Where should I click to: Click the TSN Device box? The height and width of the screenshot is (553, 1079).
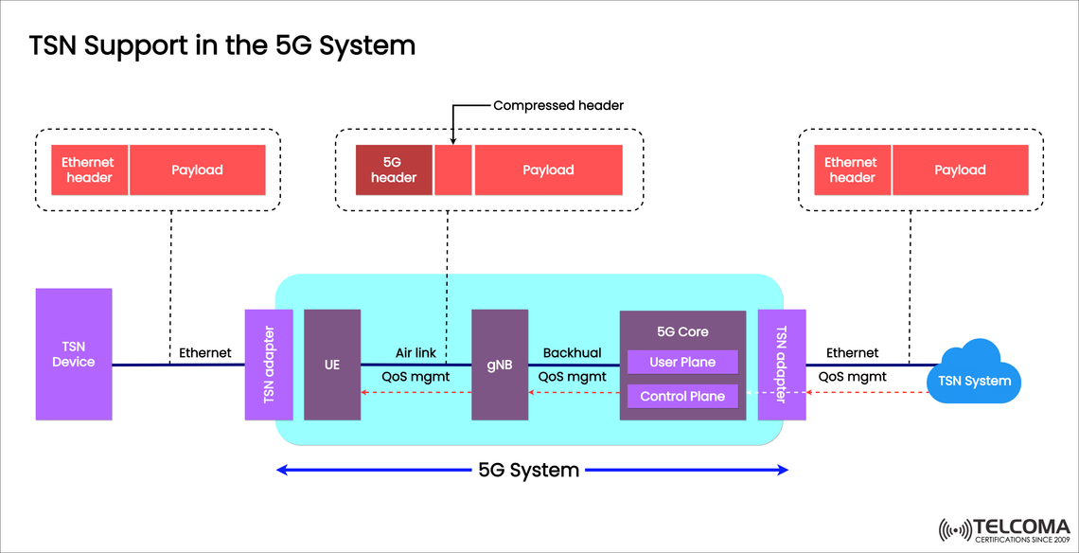pyautogui.click(x=73, y=354)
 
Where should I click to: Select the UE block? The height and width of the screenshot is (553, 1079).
pyautogui.click(x=332, y=364)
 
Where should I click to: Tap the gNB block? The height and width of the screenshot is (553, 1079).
pyautogui.click(x=499, y=364)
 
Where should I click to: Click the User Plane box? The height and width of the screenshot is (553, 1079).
pyautogui.click(x=681, y=362)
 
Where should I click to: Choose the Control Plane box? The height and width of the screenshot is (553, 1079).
pyautogui.click(x=681, y=396)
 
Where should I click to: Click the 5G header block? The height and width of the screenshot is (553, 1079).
pyautogui.click(x=394, y=169)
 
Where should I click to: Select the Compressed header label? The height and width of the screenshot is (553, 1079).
pyautogui.click(x=558, y=105)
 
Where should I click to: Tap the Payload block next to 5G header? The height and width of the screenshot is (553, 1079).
pyautogui.click(x=548, y=169)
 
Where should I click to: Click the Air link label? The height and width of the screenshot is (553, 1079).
pyautogui.click(x=416, y=352)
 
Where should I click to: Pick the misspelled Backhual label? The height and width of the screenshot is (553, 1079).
pyautogui.click(x=572, y=352)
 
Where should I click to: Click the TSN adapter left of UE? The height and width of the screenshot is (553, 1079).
pyautogui.click(x=269, y=364)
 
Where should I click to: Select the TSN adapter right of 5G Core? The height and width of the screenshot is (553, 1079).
pyautogui.click(x=781, y=364)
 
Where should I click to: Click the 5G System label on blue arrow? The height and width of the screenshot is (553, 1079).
pyautogui.click(x=528, y=470)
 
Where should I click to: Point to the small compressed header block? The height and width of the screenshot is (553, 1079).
pyautogui.click(x=453, y=169)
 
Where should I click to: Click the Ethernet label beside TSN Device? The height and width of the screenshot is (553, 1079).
pyautogui.click(x=205, y=352)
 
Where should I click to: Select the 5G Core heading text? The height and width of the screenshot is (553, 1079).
pyautogui.click(x=681, y=331)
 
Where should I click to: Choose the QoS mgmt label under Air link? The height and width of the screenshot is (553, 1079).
pyautogui.click(x=416, y=376)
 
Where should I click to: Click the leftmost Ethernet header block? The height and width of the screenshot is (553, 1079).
pyautogui.click(x=89, y=169)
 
